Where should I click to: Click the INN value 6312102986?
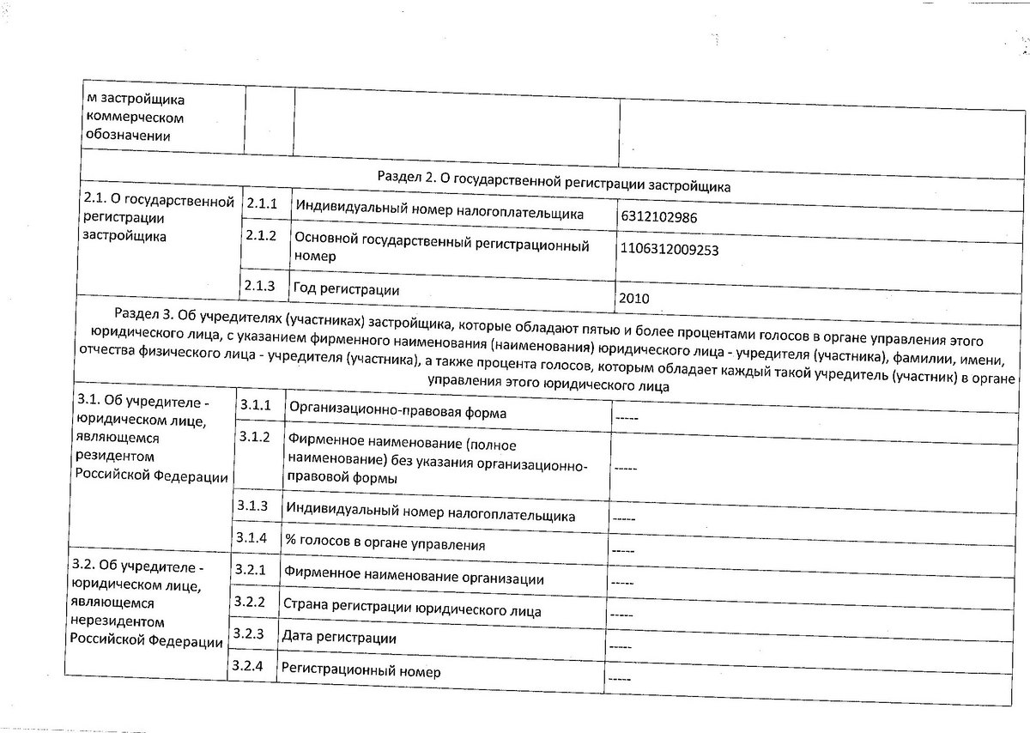tap(658, 217)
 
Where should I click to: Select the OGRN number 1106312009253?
tap(669, 250)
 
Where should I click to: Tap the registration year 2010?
tap(633, 299)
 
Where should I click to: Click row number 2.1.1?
tap(263, 205)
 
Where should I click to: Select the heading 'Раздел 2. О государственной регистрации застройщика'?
tap(554, 177)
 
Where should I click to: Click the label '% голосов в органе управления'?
tap(386, 544)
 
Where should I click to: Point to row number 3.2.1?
tap(250, 570)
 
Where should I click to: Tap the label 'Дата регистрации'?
tap(340, 638)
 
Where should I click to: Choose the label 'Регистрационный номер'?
tap(360, 671)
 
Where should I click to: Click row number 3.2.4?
tap(247, 666)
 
